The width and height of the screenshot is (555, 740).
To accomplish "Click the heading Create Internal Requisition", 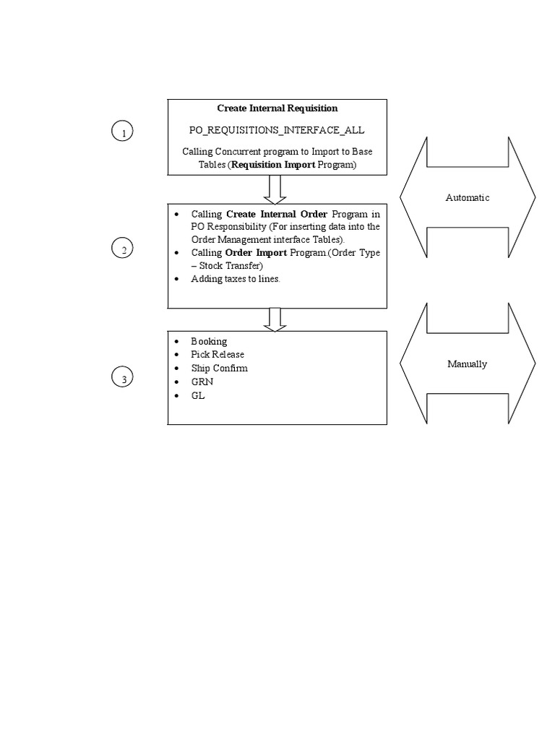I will (277, 108).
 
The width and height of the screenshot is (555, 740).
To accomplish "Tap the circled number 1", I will (124, 132).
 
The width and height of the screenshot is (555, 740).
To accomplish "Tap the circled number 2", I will (124, 249).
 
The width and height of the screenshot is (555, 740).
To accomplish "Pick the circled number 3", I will (124, 378).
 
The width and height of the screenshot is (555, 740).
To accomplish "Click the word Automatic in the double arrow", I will (468, 197).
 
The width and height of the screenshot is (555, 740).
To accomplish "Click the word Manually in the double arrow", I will (468, 364).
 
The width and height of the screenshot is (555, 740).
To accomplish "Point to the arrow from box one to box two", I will (275, 189).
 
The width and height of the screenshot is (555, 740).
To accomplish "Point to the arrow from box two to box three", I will (275, 319).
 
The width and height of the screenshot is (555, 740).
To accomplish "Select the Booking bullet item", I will (209, 341).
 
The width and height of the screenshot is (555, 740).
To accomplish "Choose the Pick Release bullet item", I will (218, 355).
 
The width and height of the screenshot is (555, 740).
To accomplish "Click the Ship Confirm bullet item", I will (219, 369).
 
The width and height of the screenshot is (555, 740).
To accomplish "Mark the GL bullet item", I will (198, 396).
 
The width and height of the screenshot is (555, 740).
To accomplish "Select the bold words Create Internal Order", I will (277, 214).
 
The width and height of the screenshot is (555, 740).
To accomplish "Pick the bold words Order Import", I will (256, 253).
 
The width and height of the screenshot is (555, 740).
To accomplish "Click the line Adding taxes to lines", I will (235, 279).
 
